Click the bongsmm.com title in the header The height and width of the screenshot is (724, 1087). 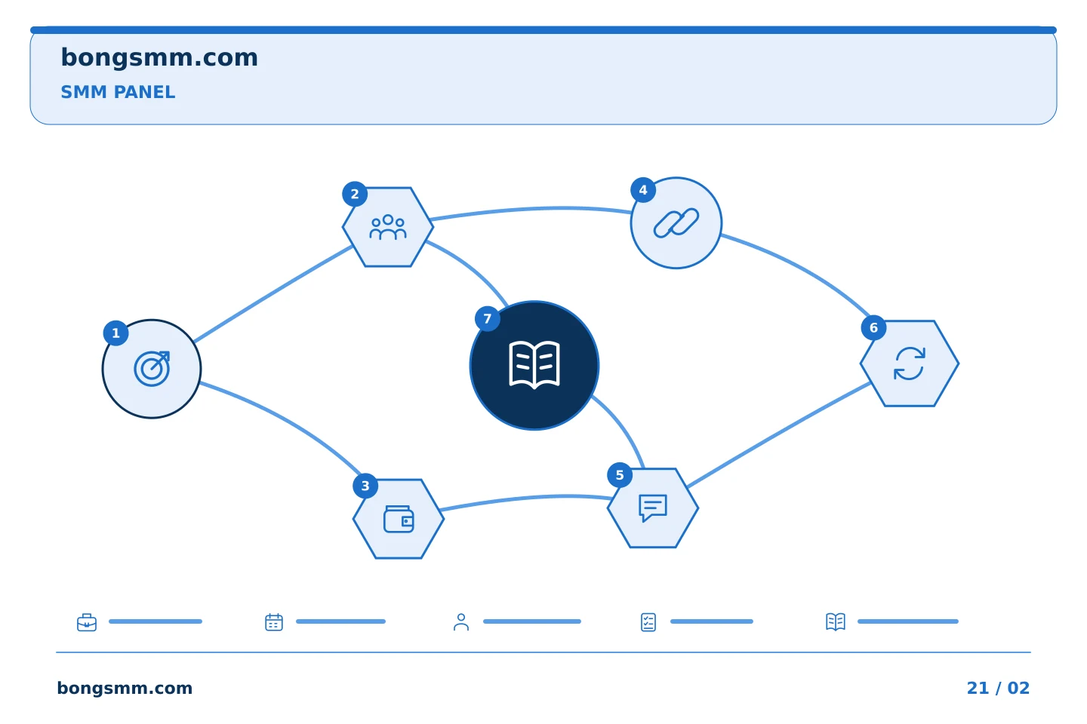click(159, 58)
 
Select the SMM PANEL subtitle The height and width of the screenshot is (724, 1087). click(118, 92)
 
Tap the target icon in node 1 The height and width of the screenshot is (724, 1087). click(152, 369)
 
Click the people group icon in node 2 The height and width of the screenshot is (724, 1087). click(388, 227)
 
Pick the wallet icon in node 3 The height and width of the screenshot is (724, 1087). click(399, 519)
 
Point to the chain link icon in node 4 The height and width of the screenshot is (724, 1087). click(676, 223)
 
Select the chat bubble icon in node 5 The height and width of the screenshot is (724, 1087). click(653, 508)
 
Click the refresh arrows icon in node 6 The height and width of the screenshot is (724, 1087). click(910, 364)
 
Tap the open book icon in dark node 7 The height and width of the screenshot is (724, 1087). click(534, 365)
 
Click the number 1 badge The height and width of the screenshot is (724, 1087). click(115, 333)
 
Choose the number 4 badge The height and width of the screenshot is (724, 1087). click(643, 189)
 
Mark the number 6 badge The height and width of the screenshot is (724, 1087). click(873, 328)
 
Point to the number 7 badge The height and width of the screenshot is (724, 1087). click(487, 318)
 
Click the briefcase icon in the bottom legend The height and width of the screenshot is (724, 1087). click(87, 622)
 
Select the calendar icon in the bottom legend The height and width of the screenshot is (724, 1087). click(274, 622)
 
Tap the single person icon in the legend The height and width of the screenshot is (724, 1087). click(461, 622)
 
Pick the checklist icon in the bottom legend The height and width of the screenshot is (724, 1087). click(648, 622)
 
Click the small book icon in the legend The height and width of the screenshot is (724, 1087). click(836, 622)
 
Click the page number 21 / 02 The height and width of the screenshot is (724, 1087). click(998, 688)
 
